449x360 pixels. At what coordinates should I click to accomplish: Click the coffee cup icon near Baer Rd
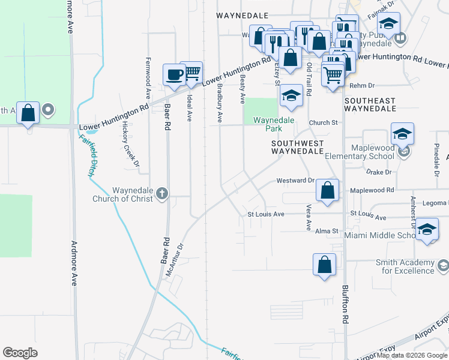click(x=175, y=74)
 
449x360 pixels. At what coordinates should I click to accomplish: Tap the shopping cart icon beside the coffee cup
click(x=191, y=72)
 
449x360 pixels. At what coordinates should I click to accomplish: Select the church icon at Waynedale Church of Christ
click(x=160, y=193)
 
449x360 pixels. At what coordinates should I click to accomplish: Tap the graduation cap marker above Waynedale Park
click(x=291, y=95)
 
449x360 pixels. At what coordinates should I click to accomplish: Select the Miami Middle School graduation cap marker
click(x=427, y=229)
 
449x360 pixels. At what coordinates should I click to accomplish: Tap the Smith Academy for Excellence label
click(x=405, y=266)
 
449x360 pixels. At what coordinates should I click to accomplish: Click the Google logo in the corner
click(x=20, y=352)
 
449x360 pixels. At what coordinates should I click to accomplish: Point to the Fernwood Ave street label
click(x=148, y=78)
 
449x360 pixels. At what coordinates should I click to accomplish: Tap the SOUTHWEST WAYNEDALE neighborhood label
click(x=297, y=148)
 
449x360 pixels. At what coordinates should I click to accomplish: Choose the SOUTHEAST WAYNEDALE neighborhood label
click(x=370, y=104)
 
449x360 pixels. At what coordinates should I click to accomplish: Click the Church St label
click(x=324, y=122)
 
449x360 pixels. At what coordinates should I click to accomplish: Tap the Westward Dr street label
click(x=295, y=180)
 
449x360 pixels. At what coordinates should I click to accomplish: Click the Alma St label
click(x=327, y=230)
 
